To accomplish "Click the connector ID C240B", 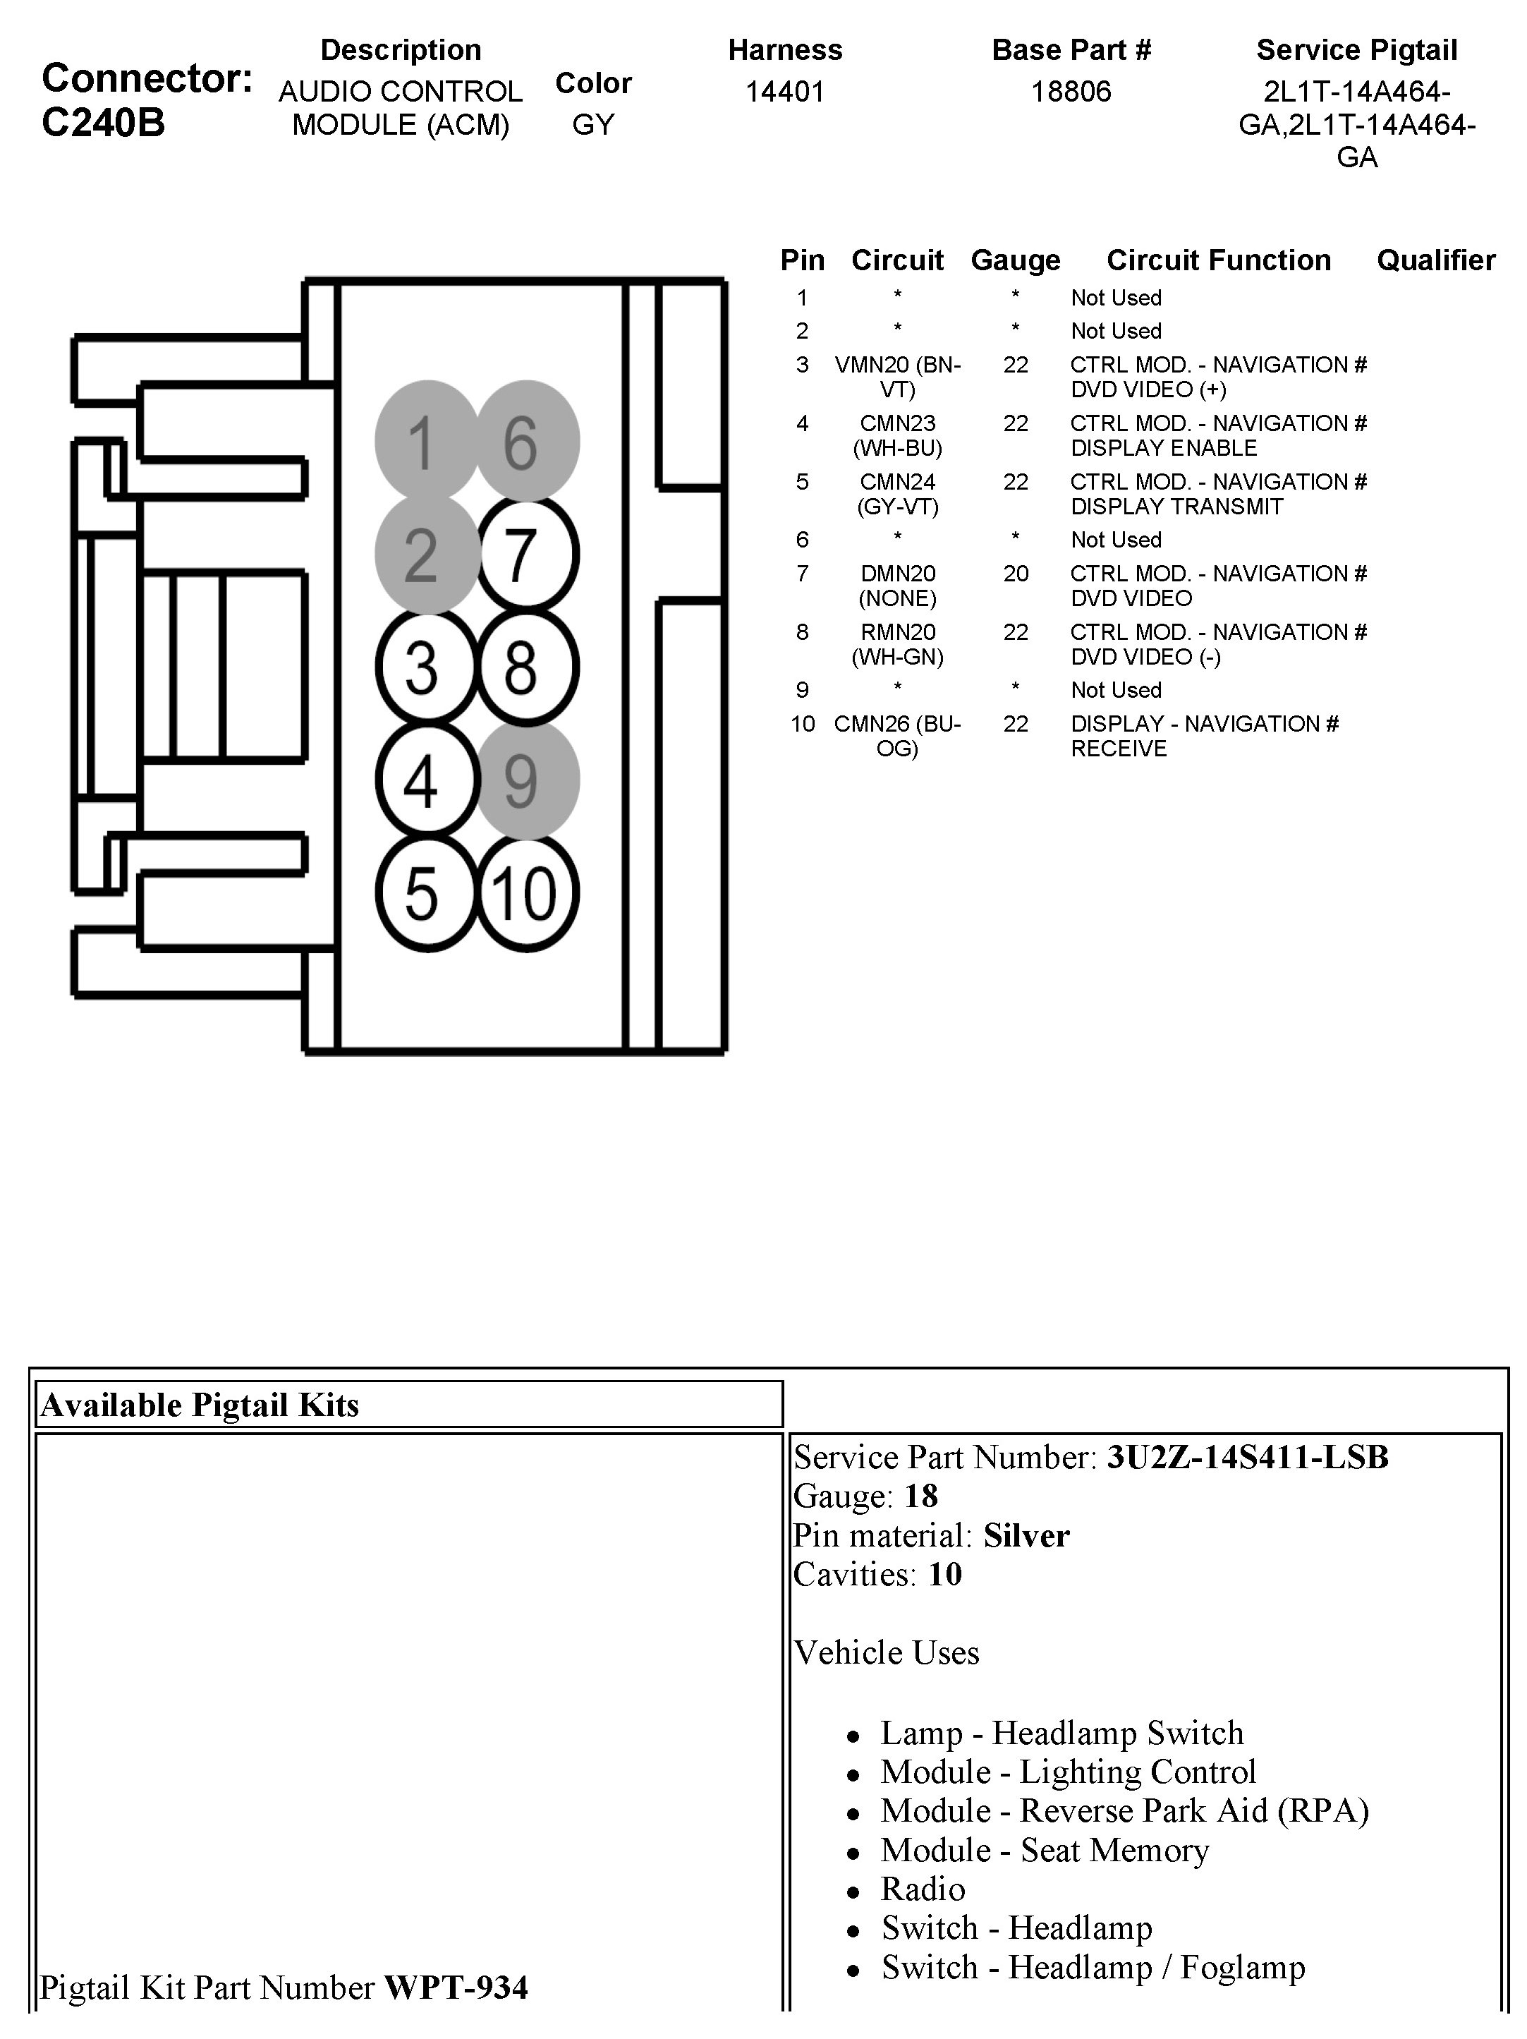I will click(103, 123).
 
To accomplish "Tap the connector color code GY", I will click(592, 124).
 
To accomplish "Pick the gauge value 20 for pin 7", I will click(1016, 574).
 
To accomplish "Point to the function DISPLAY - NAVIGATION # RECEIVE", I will click(1203, 736).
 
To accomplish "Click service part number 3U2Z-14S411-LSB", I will click(1247, 1458).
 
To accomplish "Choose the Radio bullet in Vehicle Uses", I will click(923, 1889).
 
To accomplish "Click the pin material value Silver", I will click(1026, 1536).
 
